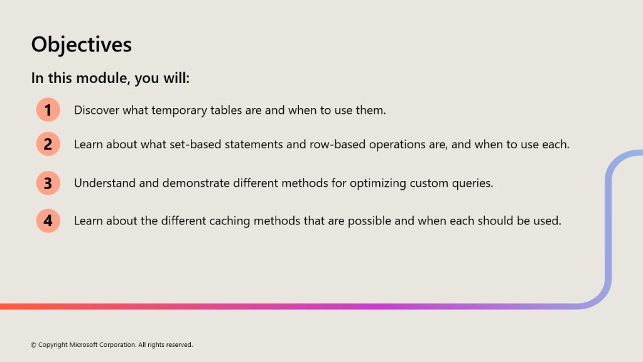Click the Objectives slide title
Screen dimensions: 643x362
[81, 45]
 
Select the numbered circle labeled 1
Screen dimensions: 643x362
[48, 109]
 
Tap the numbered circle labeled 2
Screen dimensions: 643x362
[48, 144]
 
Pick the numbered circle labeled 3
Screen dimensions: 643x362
[48, 183]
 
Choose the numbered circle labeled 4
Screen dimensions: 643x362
[48, 221]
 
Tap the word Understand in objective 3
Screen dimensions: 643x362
[105, 183]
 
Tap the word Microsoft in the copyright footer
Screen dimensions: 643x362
[84, 345]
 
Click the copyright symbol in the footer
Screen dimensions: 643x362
[34, 345]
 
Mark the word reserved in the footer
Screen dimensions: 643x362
[180, 345]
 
